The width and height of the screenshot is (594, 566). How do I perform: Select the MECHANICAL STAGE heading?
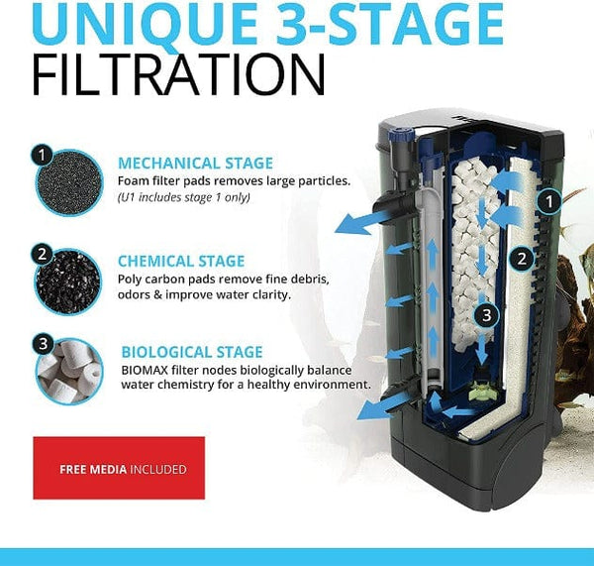pos(195,163)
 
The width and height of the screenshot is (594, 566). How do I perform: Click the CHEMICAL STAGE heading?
pos(181,261)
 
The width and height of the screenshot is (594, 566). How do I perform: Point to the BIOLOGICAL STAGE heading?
pos(192,351)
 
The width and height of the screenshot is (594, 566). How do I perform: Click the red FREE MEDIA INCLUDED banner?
pos(119,469)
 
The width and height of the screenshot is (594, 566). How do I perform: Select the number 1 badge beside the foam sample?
pos(41,155)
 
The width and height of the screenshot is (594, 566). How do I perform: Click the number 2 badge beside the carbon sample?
pos(41,253)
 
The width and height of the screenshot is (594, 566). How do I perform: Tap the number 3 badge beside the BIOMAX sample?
pos(41,345)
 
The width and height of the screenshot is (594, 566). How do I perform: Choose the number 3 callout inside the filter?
pos(485,314)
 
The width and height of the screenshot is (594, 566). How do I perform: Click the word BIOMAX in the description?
pos(144,369)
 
